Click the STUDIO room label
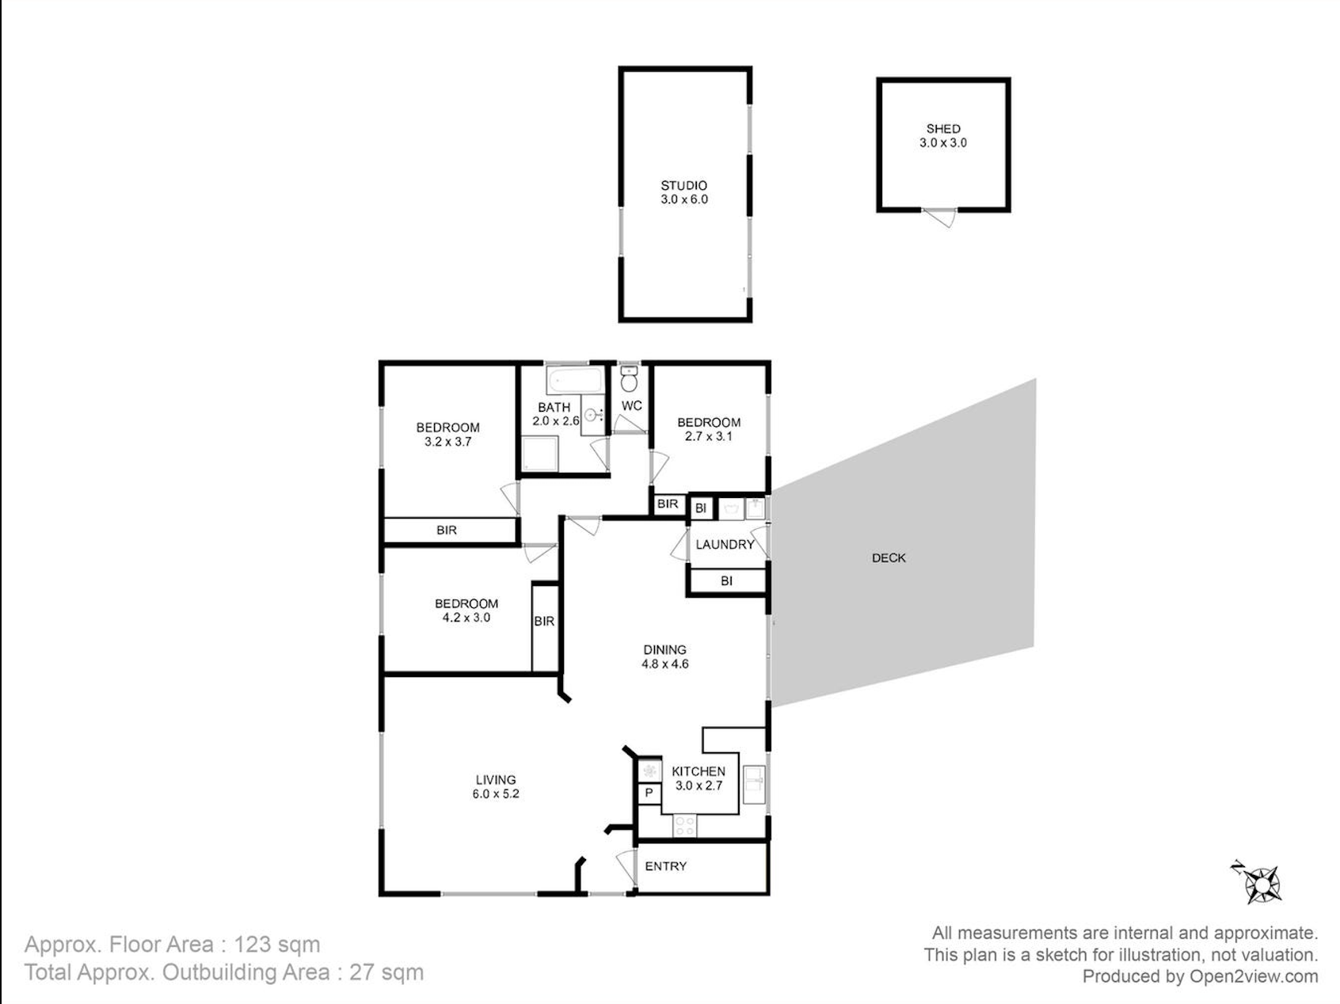click(x=684, y=185)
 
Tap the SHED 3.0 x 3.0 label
click(x=943, y=135)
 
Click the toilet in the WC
click(x=630, y=380)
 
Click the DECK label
click(x=889, y=558)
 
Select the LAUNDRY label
click(x=725, y=545)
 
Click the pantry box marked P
click(x=649, y=793)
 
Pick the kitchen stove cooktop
click(x=685, y=826)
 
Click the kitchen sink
click(x=755, y=785)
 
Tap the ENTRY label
click(x=666, y=866)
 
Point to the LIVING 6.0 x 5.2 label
click(x=496, y=787)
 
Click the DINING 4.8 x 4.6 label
click(x=664, y=657)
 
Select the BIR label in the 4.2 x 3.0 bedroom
click(x=544, y=622)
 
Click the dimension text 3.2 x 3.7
click(x=448, y=442)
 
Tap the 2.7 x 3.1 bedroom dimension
click(x=709, y=436)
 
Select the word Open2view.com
click(x=1254, y=977)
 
